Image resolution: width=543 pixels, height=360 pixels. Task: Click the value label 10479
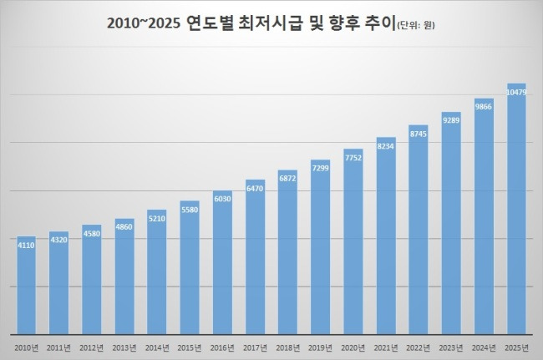click(x=516, y=92)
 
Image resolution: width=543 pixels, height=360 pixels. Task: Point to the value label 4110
click(x=26, y=246)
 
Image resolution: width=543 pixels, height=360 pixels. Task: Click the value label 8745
click(x=418, y=133)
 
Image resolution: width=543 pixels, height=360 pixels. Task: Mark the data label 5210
click(x=157, y=219)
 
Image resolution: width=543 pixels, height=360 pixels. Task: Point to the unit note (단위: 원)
click(x=410, y=26)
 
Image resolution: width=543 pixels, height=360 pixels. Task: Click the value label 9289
click(x=451, y=120)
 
